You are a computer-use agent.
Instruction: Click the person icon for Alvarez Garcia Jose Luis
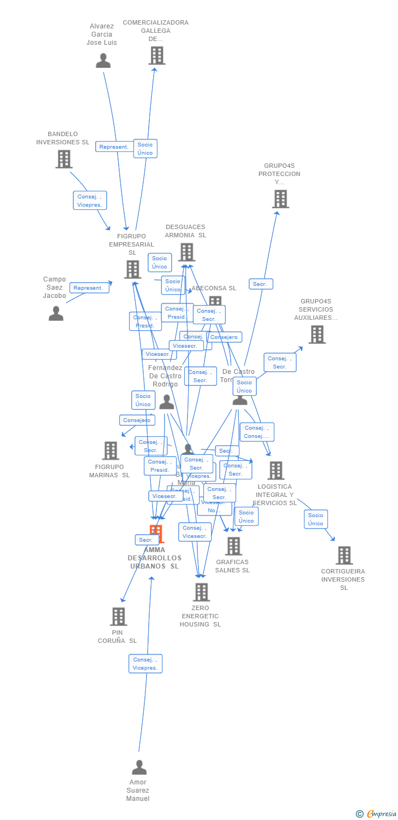pyautogui.click(x=103, y=61)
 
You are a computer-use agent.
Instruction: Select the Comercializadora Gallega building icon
pyautogui.click(x=157, y=55)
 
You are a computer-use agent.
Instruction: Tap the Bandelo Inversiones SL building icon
pyautogui.click(x=64, y=159)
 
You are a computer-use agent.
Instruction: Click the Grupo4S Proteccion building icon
pyautogui.click(x=280, y=199)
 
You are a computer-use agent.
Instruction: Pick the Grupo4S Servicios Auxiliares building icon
pyautogui.click(x=317, y=335)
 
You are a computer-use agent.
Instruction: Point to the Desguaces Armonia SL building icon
pyautogui.click(x=186, y=252)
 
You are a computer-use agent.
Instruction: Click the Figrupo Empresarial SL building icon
pyautogui.click(x=133, y=269)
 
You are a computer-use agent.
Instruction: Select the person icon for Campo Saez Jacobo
pyautogui.click(x=56, y=313)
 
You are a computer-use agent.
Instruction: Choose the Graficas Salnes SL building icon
pyautogui.click(x=233, y=546)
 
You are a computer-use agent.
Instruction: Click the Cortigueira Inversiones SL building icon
pyautogui.click(x=344, y=555)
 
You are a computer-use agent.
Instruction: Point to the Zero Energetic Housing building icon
pyautogui.click(x=201, y=591)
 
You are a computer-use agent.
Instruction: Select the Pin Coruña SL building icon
pyautogui.click(x=119, y=616)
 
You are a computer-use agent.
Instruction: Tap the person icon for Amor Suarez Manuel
pyautogui.click(x=139, y=768)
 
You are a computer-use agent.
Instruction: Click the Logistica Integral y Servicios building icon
pyautogui.click(x=276, y=470)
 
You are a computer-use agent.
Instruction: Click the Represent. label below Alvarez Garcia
pyautogui.click(x=114, y=147)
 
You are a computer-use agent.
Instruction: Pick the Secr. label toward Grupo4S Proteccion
pyautogui.click(x=261, y=284)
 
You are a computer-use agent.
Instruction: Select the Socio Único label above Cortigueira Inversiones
pyautogui.click(x=315, y=519)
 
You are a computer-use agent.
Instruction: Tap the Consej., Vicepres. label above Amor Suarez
pyautogui.click(x=145, y=664)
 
